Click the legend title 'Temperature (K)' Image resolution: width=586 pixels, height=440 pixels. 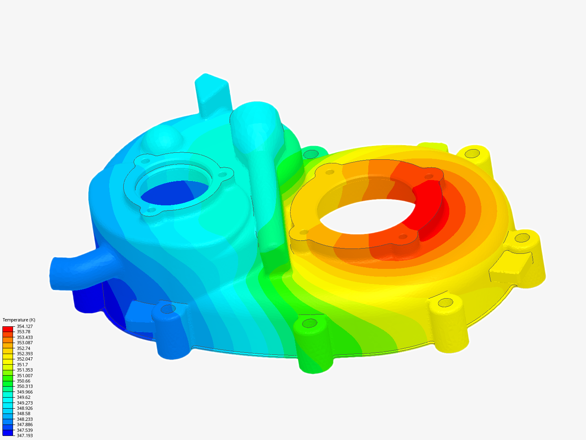click(x=19, y=320)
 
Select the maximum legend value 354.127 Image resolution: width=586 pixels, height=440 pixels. click(x=24, y=326)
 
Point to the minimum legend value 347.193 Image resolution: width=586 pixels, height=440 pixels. click(x=24, y=436)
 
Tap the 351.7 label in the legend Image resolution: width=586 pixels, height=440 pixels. click(x=22, y=365)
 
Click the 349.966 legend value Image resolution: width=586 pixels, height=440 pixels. click(x=24, y=392)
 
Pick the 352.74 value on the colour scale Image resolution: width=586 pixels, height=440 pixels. click(x=23, y=348)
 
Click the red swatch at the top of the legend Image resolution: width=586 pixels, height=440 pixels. click(x=8, y=329)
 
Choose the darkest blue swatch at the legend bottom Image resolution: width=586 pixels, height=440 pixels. click(x=8, y=433)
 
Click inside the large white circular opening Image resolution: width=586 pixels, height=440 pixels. click(x=366, y=216)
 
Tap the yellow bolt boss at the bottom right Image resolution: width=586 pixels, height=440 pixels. click(x=448, y=322)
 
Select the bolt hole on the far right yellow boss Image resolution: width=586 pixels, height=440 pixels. click(x=522, y=237)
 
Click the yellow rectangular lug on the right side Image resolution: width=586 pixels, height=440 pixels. click(x=511, y=267)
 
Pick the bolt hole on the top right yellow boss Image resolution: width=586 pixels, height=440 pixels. click(x=472, y=154)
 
